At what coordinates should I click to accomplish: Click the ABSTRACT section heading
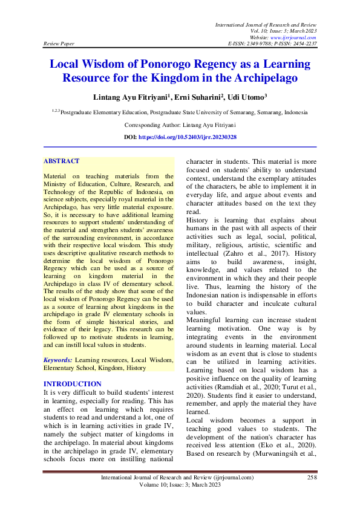point(61,161)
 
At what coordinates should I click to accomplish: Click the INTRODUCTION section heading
point(73,384)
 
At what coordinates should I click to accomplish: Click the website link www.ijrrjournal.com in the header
point(295,37)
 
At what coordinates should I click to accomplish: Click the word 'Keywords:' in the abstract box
point(58,360)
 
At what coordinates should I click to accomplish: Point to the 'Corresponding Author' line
point(180,125)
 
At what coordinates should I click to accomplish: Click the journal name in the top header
point(266,24)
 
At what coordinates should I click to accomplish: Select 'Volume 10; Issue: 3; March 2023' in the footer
point(180,485)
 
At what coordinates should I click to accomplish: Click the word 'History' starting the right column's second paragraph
point(199,220)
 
